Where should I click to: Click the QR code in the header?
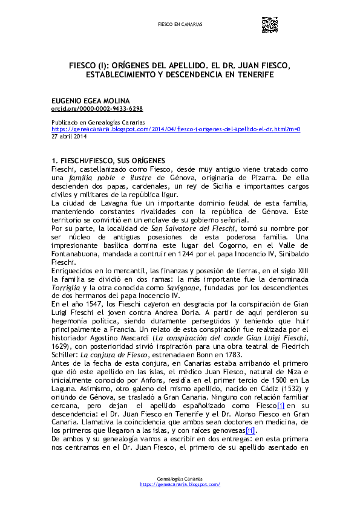point(269,24)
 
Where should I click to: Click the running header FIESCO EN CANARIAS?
point(180,25)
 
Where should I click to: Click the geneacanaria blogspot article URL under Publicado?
point(175,129)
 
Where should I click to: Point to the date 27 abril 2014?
point(69,136)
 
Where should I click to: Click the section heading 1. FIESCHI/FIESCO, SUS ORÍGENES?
point(108,161)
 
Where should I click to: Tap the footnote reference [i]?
point(281,388)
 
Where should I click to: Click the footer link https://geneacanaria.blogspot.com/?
point(180,485)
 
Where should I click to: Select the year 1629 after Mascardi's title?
point(62,346)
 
